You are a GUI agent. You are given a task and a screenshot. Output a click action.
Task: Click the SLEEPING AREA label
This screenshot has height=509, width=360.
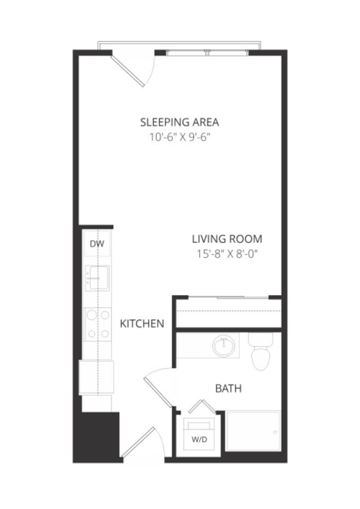[x=179, y=122]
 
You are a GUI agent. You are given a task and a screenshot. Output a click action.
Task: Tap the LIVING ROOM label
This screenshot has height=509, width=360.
[x=226, y=239]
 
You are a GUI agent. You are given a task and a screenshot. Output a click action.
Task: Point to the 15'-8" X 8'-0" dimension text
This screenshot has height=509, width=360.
[x=226, y=253]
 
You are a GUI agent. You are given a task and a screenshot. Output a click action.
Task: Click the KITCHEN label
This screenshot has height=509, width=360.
[x=142, y=323]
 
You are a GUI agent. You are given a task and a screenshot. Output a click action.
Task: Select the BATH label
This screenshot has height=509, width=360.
[x=228, y=389]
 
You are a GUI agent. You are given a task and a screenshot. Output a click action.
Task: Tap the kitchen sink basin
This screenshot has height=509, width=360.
[x=97, y=277]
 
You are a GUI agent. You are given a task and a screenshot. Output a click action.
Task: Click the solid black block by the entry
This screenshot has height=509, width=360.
[x=96, y=436]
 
